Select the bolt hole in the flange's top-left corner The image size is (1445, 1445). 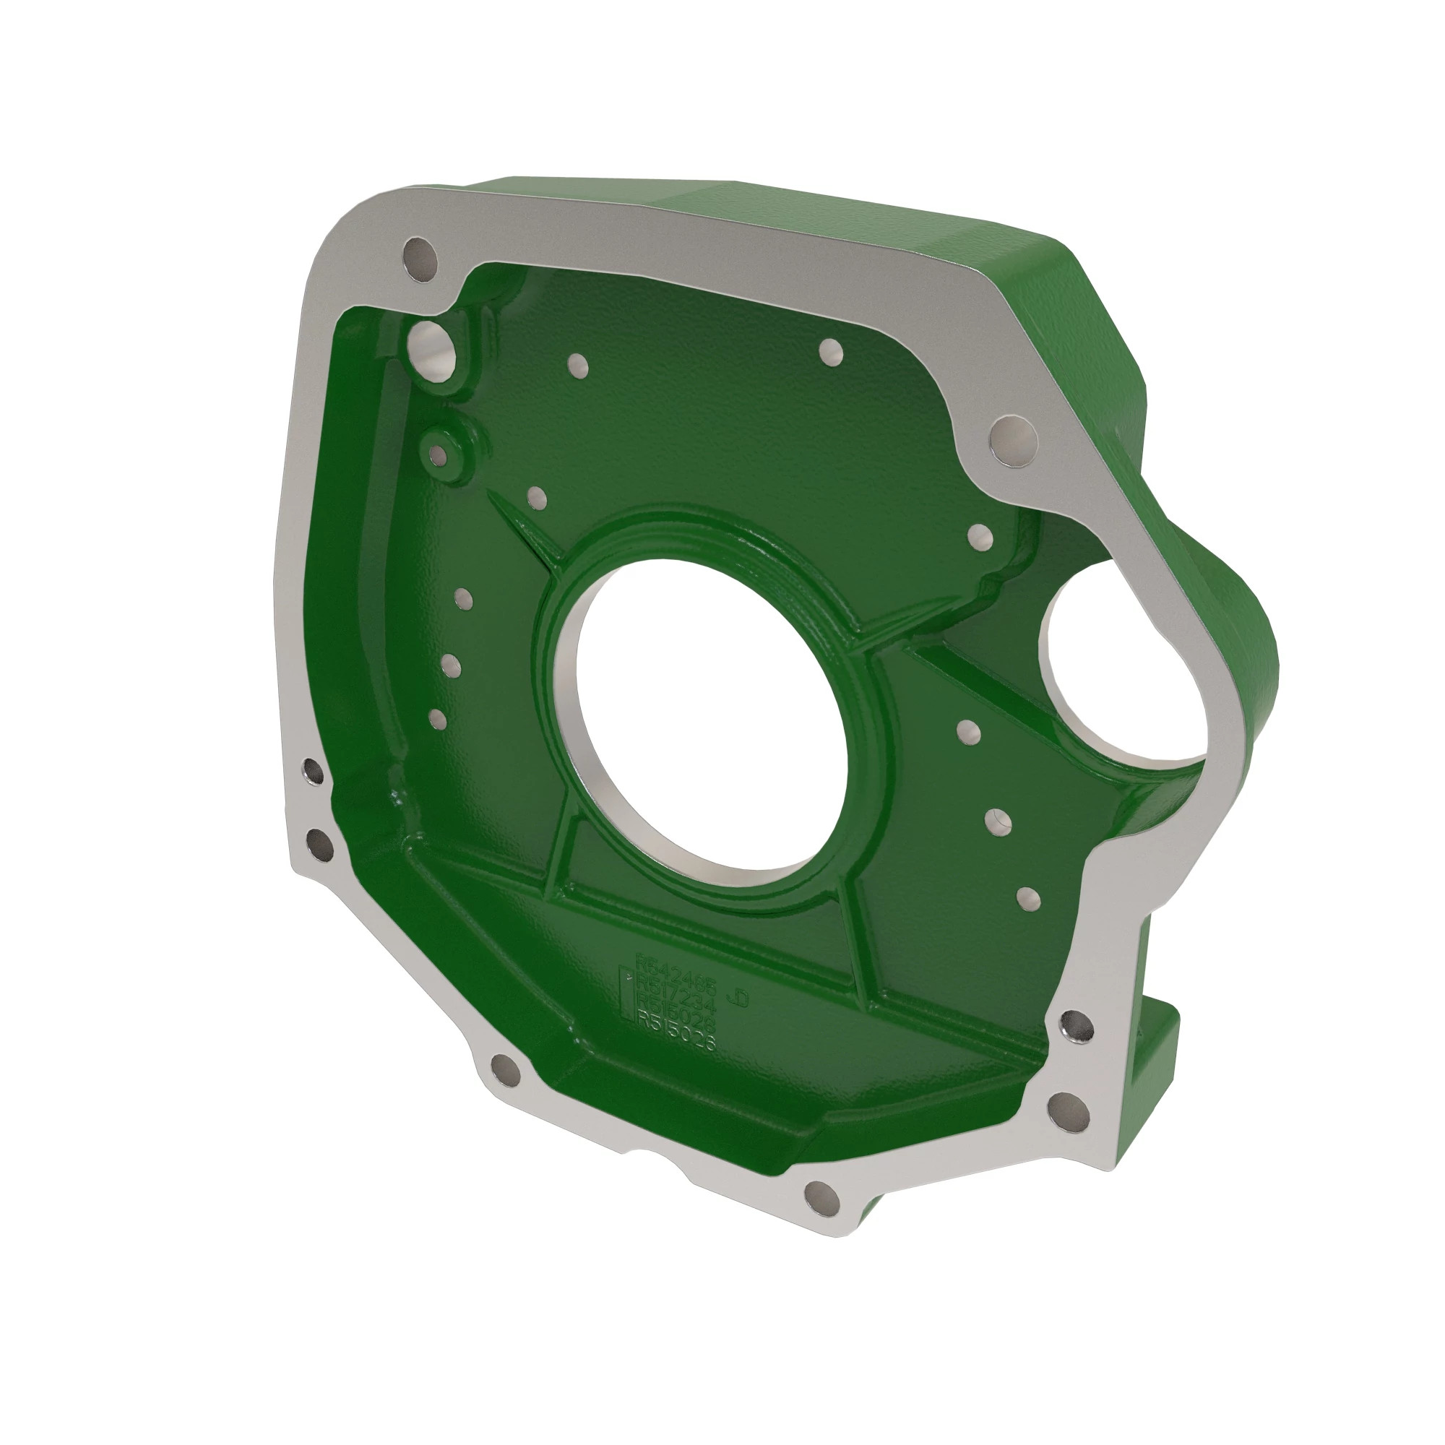tap(420, 259)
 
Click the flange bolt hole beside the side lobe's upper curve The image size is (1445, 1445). tap(1014, 441)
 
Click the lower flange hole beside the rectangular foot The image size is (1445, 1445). tap(1069, 1110)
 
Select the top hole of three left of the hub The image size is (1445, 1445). tap(464, 598)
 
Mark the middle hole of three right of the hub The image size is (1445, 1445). tap(998, 822)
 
